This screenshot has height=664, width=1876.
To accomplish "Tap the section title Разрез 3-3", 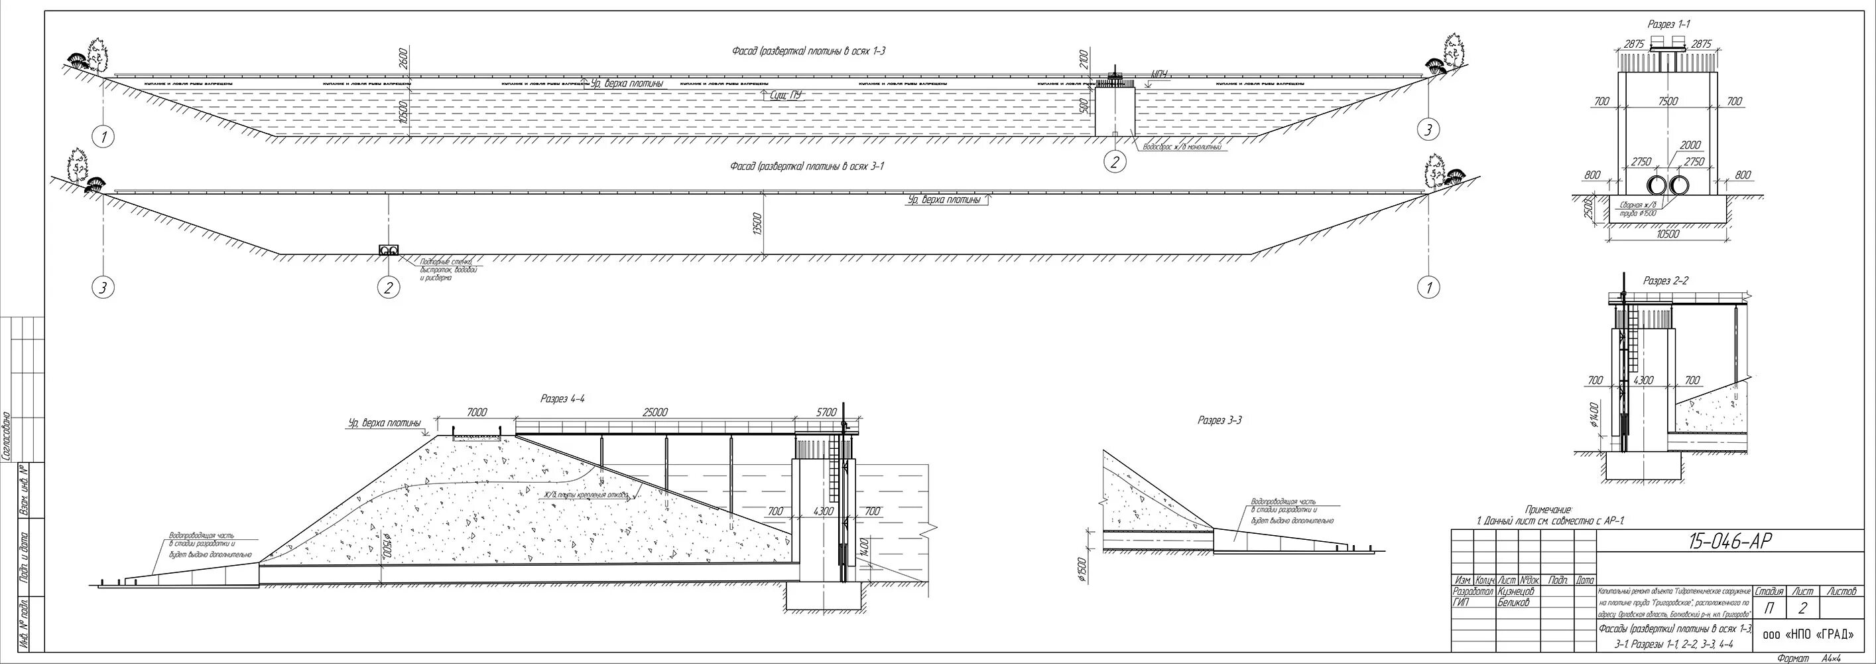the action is [x=1220, y=420].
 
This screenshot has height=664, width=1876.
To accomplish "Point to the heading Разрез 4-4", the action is [x=562, y=398].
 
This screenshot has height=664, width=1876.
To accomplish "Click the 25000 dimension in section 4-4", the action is [x=655, y=412].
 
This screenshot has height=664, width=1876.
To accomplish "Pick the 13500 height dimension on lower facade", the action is [x=757, y=224].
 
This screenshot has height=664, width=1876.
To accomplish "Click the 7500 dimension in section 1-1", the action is [x=1668, y=102].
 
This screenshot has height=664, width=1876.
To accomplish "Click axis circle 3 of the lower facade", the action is [x=103, y=288].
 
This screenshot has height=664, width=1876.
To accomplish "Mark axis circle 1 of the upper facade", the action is [x=105, y=136].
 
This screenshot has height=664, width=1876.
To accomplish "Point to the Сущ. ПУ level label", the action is [x=785, y=95].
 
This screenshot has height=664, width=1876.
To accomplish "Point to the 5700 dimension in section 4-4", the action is [x=826, y=412].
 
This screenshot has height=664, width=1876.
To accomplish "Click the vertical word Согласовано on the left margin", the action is [x=6, y=435].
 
